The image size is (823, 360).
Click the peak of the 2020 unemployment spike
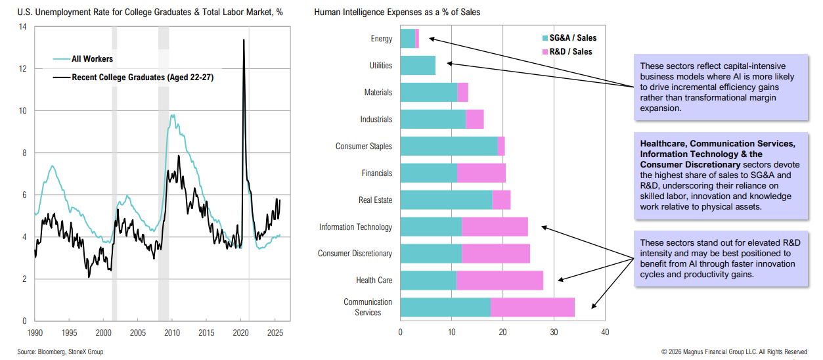coord(244,41)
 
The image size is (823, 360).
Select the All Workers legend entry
coord(92,59)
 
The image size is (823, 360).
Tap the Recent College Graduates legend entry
coord(142,78)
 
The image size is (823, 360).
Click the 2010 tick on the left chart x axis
coord(172,332)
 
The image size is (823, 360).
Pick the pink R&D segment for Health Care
coord(500,281)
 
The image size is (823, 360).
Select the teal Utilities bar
coord(418,66)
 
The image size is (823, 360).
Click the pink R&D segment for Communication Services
coord(533,307)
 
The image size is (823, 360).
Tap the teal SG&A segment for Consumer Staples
coord(449,146)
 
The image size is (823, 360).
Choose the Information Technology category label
coord(355,227)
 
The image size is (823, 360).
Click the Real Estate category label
coord(375,200)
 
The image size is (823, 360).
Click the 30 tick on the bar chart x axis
coord(554,332)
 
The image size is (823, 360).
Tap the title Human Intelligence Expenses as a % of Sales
coord(387,12)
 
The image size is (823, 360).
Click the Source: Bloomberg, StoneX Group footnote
coord(60,352)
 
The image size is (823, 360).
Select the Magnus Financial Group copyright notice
coord(734,352)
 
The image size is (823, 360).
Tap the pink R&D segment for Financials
coord(481,173)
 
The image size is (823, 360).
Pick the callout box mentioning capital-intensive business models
coord(721,87)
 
